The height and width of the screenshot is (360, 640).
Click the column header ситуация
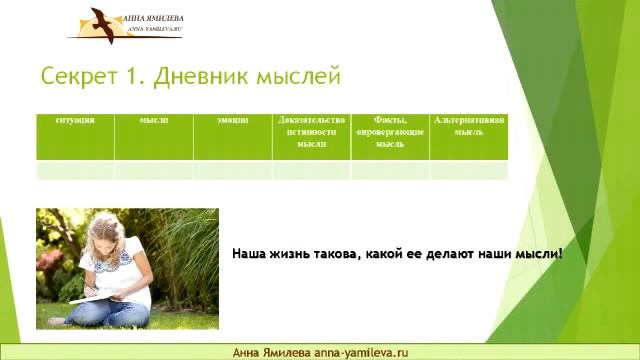point(75,120)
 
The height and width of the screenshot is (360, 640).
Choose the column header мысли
point(154,120)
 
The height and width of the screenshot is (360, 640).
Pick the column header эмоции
point(232,120)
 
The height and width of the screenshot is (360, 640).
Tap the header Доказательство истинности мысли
point(311,131)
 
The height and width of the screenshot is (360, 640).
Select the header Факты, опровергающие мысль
point(390,131)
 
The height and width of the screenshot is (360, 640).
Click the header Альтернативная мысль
point(469,125)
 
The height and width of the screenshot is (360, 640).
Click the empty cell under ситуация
point(75,170)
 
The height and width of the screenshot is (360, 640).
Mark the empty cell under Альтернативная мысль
point(469,170)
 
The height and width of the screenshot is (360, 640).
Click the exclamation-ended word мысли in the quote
point(538,254)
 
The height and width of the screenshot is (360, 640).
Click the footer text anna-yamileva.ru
point(362,352)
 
